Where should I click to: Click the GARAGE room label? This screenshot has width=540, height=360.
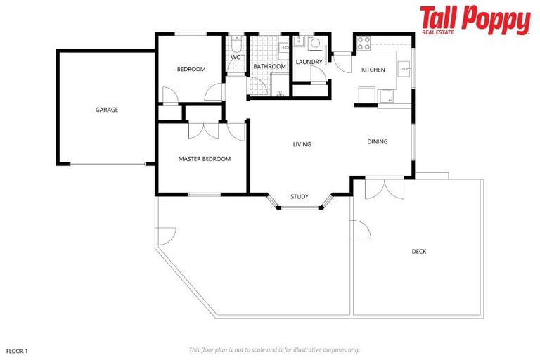tap(107, 110)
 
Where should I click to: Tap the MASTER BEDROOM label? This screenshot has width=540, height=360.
tap(204, 159)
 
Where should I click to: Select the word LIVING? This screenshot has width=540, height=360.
tap(302, 144)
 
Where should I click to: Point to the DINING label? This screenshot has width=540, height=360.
tap(378, 142)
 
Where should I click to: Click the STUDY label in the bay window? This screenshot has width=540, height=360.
tap(300, 197)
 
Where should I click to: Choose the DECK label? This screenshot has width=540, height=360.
tap(419, 252)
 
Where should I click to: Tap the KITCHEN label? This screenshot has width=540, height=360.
tap(373, 70)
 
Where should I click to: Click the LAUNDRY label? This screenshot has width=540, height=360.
tap(309, 63)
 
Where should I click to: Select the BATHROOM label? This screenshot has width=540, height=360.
tap(270, 67)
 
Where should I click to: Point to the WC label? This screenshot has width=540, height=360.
tap(236, 58)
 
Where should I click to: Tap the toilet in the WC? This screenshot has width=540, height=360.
tap(236, 41)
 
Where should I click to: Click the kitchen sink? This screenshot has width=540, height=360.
tap(404, 68)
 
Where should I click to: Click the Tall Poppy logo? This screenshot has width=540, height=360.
tap(475, 20)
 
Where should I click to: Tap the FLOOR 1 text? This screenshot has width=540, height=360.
tap(16, 349)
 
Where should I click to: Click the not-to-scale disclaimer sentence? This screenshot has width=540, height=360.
tap(274, 349)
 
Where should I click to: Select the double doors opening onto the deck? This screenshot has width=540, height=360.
tap(385, 188)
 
